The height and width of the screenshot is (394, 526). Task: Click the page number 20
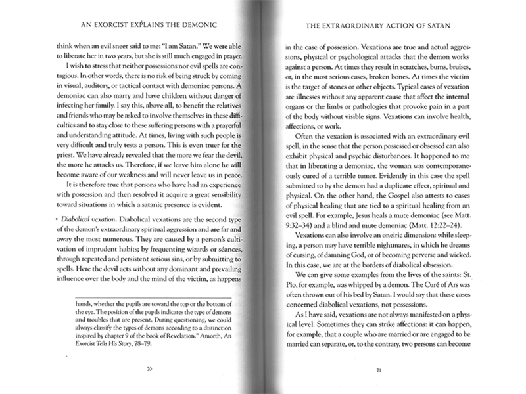point(149,370)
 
